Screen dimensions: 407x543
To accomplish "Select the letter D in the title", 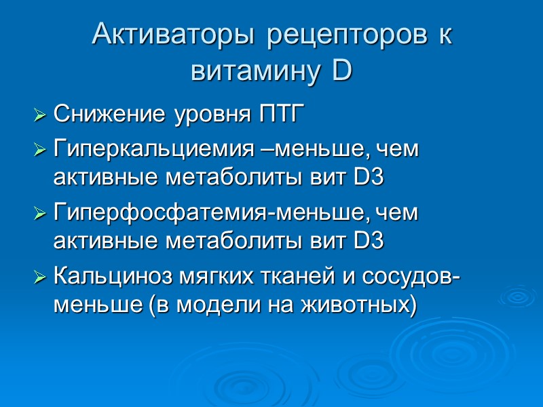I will click(x=343, y=70).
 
